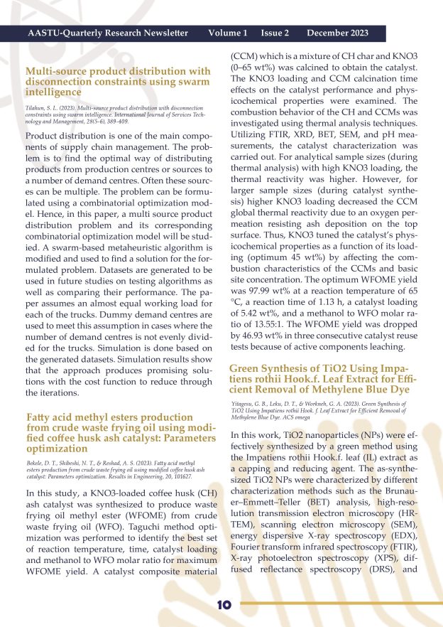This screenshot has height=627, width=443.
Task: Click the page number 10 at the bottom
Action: click(x=224, y=604)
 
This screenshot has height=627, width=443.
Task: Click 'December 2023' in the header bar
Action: click(x=337, y=33)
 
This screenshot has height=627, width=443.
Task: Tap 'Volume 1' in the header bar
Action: click(x=228, y=33)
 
